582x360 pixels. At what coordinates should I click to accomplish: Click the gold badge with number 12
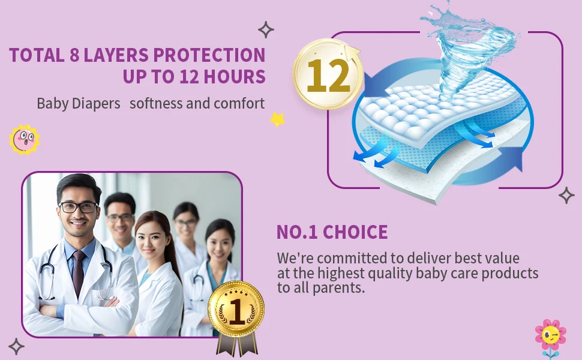[327, 76]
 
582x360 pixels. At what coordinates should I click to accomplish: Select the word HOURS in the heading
[235, 77]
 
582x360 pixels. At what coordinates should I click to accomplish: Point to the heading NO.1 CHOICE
[332, 232]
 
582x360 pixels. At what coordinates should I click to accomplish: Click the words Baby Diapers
[79, 103]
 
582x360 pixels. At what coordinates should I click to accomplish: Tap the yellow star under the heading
[277, 119]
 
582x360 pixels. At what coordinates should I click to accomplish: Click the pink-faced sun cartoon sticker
[25, 140]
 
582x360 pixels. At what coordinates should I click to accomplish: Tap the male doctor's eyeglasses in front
[79, 207]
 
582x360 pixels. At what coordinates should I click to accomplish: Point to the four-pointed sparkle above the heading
[266, 29]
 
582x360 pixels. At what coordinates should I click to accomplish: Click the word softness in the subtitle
[155, 103]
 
